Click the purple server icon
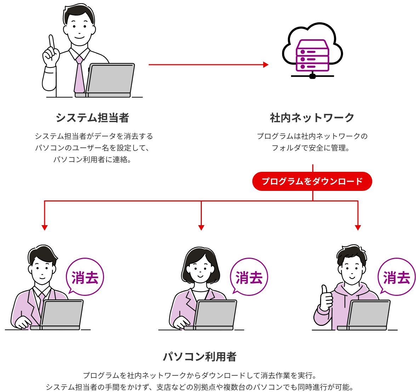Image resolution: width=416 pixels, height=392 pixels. point(312,56)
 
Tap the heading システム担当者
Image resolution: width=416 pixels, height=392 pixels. point(92,117)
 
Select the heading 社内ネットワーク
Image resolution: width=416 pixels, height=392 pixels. point(312,117)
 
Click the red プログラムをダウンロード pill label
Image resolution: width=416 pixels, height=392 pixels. point(312,181)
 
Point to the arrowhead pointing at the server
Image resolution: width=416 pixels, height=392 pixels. point(266,65)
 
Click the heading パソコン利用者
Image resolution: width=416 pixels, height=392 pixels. point(200,357)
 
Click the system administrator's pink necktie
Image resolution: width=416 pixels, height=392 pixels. point(79,76)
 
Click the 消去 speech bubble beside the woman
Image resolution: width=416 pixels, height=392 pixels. point(249,277)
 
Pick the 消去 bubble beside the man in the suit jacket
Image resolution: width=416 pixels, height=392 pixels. point(85,277)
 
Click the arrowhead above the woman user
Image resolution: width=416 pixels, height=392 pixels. point(201,228)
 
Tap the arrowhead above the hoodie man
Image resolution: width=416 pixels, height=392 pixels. point(358,228)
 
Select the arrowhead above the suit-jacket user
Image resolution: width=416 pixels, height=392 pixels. point(44,228)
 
